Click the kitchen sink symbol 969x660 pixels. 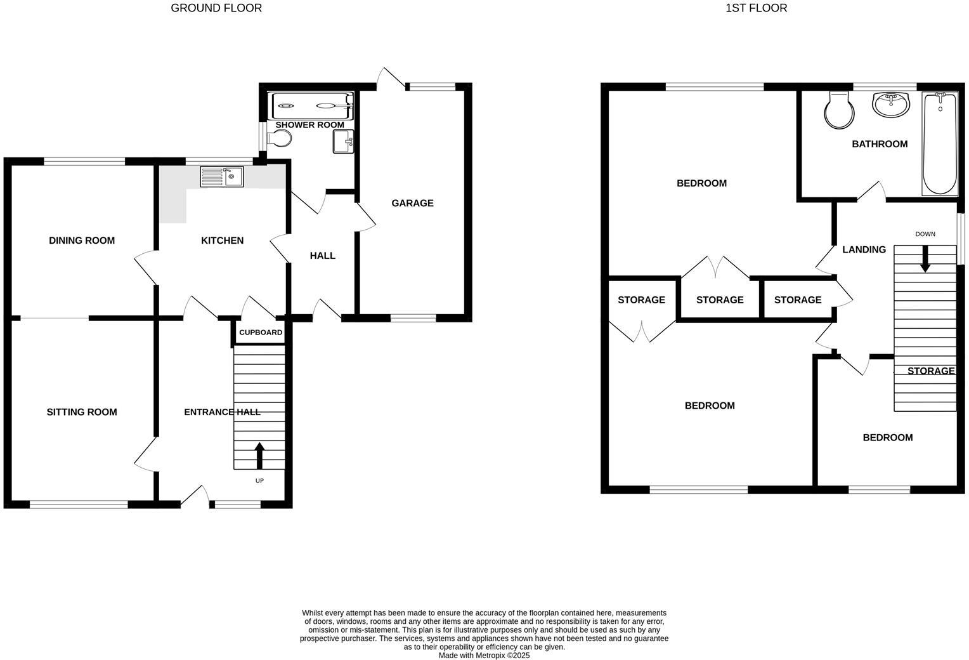click(221, 176)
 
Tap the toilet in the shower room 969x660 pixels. click(278, 138)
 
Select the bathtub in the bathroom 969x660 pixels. click(940, 144)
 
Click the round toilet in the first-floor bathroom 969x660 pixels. click(839, 111)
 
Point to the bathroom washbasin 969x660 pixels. click(891, 105)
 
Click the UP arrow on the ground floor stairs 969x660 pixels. click(259, 455)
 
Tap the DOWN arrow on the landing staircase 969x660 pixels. click(925, 258)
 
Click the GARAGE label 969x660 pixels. click(412, 203)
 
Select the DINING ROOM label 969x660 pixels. click(82, 241)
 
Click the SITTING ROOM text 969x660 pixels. click(82, 412)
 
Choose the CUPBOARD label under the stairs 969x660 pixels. click(261, 333)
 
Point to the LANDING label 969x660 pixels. click(864, 249)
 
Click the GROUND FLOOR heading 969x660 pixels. click(216, 8)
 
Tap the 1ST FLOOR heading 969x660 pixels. click(757, 8)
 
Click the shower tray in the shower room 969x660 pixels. click(311, 106)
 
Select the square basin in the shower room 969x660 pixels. click(342, 142)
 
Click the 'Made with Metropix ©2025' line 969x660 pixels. click(484, 656)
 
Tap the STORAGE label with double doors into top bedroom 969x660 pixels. click(720, 300)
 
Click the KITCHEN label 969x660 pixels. click(222, 241)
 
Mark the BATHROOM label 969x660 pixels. click(880, 144)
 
